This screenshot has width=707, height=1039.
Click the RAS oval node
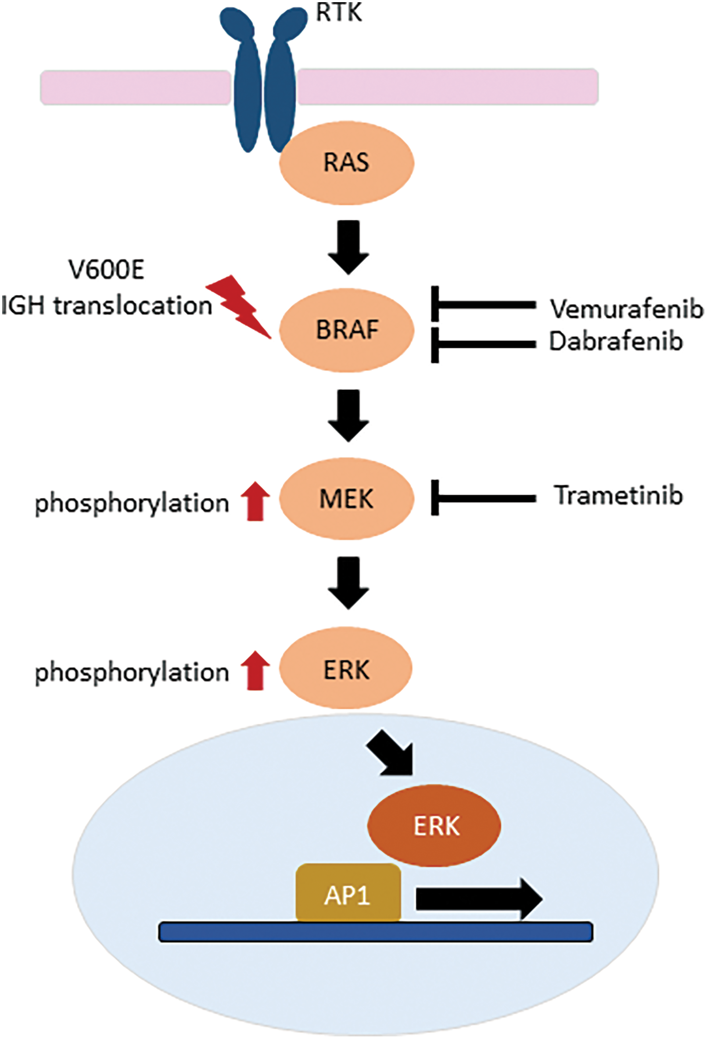click(x=347, y=162)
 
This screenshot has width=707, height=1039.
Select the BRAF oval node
click(x=347, y=330)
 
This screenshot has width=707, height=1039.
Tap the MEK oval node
click(x=347, y=498)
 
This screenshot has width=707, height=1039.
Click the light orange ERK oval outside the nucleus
click(x=346, y=669)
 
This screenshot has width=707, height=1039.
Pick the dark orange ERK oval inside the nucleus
click(x=434, y=826)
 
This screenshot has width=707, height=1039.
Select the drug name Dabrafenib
click(x=616, y=342)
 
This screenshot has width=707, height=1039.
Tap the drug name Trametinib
click(x=619, y=495)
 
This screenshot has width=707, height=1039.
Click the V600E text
click(x=107, y=270)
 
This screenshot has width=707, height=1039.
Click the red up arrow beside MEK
click(x=255, y=501)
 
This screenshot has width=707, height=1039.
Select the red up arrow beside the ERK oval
click(x=255, y=670)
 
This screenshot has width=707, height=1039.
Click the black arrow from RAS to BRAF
click(x=348, y=247)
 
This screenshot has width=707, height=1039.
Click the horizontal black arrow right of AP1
click(x=479, y=898)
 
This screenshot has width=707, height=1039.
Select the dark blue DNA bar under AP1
click(x=376, y=932)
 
